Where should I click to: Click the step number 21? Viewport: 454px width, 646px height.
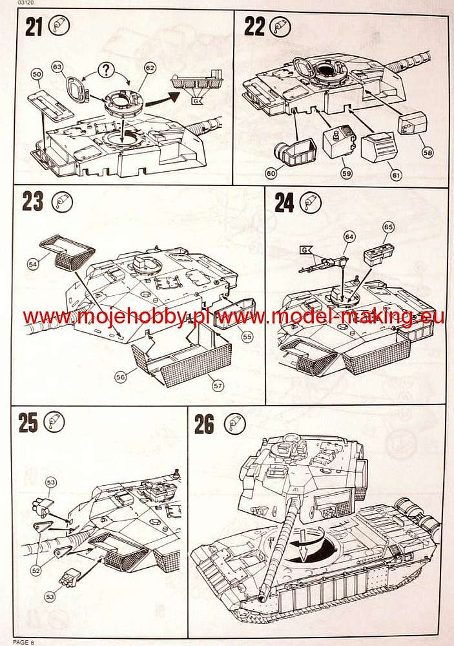pos(34,28)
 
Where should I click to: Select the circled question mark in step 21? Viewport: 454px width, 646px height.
pos(107,70)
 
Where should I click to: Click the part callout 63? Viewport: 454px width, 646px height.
pos(58,67)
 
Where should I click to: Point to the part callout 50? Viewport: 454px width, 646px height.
pos(37,74)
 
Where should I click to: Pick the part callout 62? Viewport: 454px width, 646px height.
pos(150,67)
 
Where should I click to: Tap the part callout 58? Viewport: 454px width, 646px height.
pos(428,152)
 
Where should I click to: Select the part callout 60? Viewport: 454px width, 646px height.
pos(271,173)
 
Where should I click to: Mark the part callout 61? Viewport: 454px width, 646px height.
pos(396,176)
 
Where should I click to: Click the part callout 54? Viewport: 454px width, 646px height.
pos(34,264)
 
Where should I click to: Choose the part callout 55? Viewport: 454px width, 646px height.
pos(247,337)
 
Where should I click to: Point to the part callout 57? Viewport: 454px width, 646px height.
pos(218,386)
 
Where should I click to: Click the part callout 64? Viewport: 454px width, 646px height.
pos(349,237)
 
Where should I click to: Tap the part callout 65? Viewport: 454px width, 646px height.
pos(388,227)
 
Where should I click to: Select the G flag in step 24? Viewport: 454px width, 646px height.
pos(305,249)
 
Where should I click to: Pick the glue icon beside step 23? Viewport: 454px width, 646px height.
pos(63,202)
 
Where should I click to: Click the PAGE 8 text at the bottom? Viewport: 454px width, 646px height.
pos(24,642)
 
